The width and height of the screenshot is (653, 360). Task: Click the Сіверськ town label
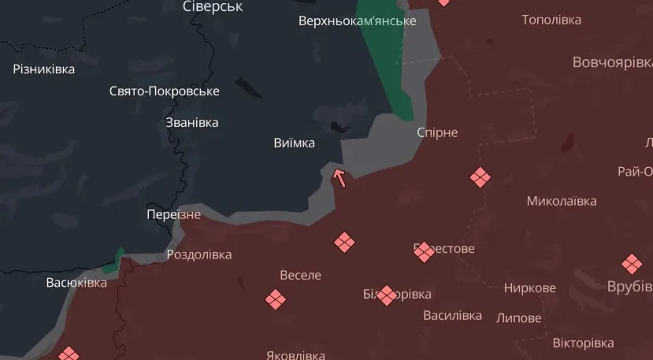coord(213,6)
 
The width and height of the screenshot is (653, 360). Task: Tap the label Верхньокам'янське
coord(357,20)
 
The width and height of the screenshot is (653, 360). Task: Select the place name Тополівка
coord(551,19)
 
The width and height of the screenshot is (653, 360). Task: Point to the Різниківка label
coord(44,69)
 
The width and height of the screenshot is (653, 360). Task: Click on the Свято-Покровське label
coord(164,91)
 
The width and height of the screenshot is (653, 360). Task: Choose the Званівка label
coord(192,123)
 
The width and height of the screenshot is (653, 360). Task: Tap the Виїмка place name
coord(294,143)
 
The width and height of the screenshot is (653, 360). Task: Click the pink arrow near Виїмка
coord(340,177)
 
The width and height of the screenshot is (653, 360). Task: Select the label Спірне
coord(437,132)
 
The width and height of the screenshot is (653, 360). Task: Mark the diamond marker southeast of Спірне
coord(480,177)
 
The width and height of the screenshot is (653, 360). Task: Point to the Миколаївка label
coord(562,201)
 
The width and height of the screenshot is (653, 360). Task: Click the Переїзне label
coord(173,214)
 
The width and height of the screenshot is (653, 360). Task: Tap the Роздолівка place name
coord(199,255)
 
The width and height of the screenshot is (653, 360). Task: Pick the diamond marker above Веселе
coord(344,242)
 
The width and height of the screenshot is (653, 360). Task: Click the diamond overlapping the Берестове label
coord(424,251)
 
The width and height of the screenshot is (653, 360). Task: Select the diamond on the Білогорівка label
coord(386,295)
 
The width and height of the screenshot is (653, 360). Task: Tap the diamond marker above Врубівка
coord(632,264)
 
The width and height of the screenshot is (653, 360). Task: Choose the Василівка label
coord(452,316)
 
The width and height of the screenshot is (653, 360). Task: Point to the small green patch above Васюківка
coord(119,261)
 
